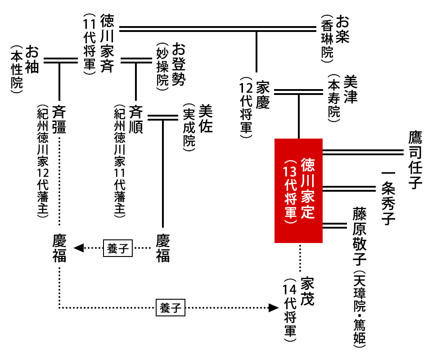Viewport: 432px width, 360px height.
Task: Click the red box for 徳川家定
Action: (298, 190)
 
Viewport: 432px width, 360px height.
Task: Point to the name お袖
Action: (33, 58)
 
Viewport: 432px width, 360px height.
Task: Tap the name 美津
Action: (350, 89)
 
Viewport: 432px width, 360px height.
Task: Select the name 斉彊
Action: (59, 119)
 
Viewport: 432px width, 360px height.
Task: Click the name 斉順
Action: (136, 119)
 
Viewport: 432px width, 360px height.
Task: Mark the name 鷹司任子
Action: (414, 159)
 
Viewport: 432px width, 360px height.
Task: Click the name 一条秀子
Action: (387, 198)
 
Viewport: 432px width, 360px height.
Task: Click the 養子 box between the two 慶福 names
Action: (118, 248)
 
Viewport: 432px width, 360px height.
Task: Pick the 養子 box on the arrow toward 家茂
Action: (171, 308)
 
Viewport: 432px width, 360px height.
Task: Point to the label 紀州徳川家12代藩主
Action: (43, 162)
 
